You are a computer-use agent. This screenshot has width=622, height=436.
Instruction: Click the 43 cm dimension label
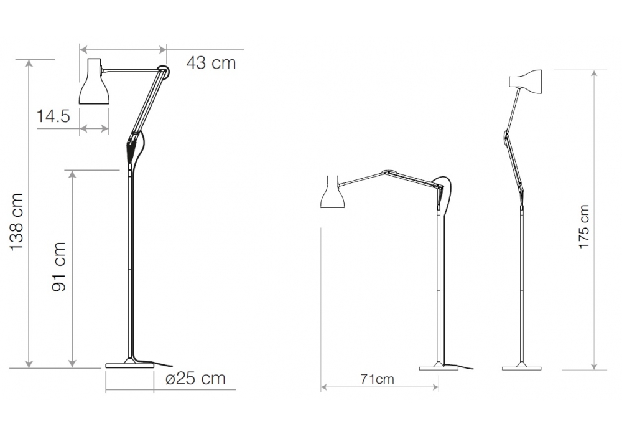211,63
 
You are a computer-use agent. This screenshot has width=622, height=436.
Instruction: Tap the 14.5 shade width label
53,116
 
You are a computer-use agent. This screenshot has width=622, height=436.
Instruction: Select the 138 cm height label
17,222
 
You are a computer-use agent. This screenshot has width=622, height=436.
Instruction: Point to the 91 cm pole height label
58,267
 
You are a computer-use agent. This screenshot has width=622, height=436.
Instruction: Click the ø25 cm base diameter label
195,379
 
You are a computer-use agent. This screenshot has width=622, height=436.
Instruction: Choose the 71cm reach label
378,379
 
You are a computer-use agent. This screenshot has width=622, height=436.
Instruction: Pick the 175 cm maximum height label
584,227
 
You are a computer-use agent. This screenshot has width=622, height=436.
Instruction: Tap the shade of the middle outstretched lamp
332,192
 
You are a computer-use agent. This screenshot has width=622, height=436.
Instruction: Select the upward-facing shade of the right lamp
526,82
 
